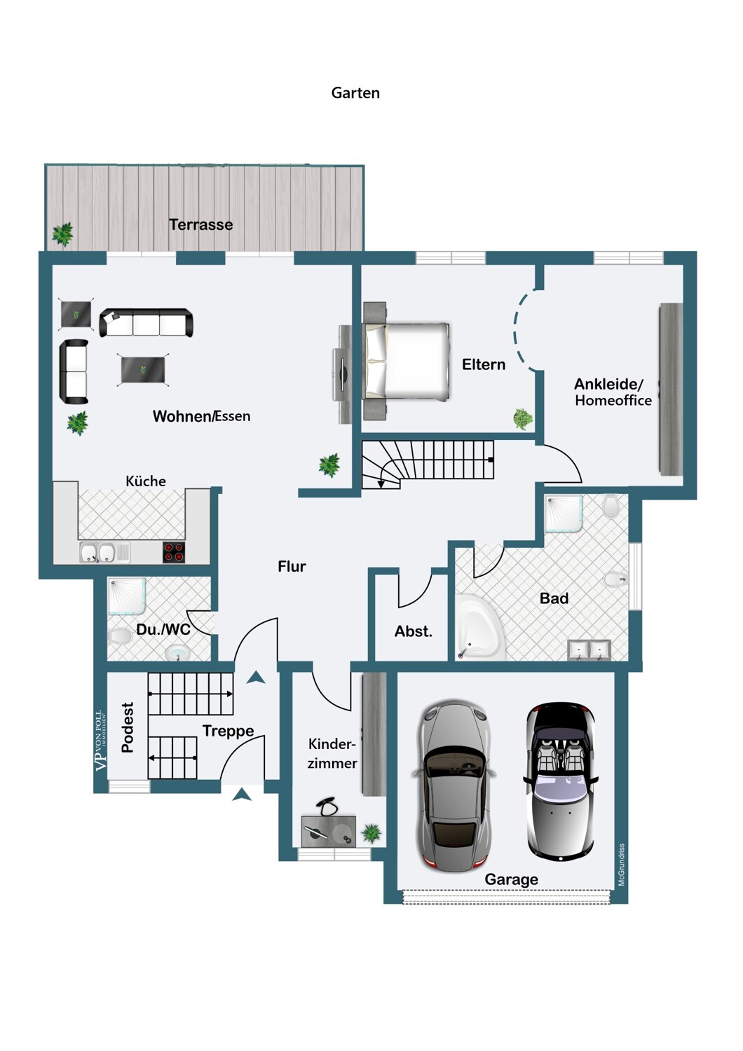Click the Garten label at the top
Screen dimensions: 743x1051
[355, 93]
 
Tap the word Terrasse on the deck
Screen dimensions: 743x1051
[201, 225]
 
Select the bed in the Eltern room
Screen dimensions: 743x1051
[407, 361]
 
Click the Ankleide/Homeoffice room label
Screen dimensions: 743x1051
[613, 392]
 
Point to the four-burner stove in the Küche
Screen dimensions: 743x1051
[175, 552]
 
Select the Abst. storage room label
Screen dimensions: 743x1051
[413, 631]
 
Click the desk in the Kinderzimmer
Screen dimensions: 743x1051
[329, 832]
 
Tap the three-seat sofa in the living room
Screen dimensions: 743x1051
[146, 322]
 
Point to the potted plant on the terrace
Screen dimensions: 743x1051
[62, 234]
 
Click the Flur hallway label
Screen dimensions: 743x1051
[292, 567]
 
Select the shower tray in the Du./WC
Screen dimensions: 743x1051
[127, 596]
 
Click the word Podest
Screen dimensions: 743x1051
[128, 727]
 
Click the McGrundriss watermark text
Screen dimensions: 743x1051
[622, 865]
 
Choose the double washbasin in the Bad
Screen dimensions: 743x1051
[589, 650]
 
